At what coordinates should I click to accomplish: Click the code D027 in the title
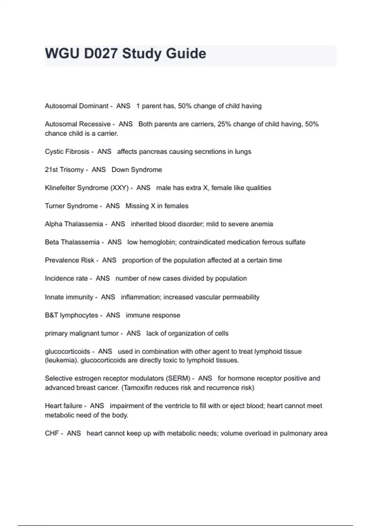pyautogui.click(x=100, y=54)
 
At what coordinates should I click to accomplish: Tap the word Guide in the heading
pyautogui.click(x=186, y=54)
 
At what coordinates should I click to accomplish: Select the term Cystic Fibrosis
pyautogui.click(x=67, y=152)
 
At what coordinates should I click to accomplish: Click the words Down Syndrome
pyautogui.click(x=137, y=170)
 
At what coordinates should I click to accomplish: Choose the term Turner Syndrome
pyautogui.click(x=71, y=206)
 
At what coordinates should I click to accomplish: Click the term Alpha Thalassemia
pyautogui.click(x=74, y=224)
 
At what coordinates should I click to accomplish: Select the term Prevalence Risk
pyautogui.click(x=70, y=260)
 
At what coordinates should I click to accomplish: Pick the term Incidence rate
pyautogui.click(x=66, y=278)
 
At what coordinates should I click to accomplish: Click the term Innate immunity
pyautogui.click(x=69, y=297)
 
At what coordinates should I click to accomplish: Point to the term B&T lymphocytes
pyautogui.click(x=71, y=315)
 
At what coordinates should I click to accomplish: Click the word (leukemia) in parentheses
pyautogui.click(x=62, y=360)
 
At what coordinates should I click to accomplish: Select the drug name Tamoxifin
pyautogui.click(x=137, y=388)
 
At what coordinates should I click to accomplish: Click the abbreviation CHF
pyautogui.click(x=52, y=433)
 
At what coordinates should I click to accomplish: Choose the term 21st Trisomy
pyautogui.click(x=64, y=170)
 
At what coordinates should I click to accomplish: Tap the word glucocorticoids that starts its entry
pyautogui.click(x=67, y=351)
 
